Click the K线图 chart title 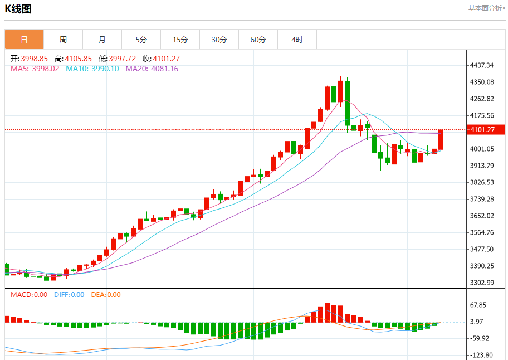[x=18, y=9]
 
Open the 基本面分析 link [x=486, y=8]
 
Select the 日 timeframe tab [x=24, y=40]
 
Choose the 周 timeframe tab [x=63, y=40]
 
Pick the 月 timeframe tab [x=102, y=40]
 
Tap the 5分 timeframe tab [x=141, y=40]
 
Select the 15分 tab [x=180, y=40]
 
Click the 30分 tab [x=219, y=40]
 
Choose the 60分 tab [x=258, y=40]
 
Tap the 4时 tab [x=297, y=40]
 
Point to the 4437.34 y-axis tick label [x=482, y=65]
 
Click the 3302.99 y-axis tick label [x=482, y=283]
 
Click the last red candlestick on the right [x=441, y=139]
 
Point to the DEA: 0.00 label [x=106, y=295]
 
